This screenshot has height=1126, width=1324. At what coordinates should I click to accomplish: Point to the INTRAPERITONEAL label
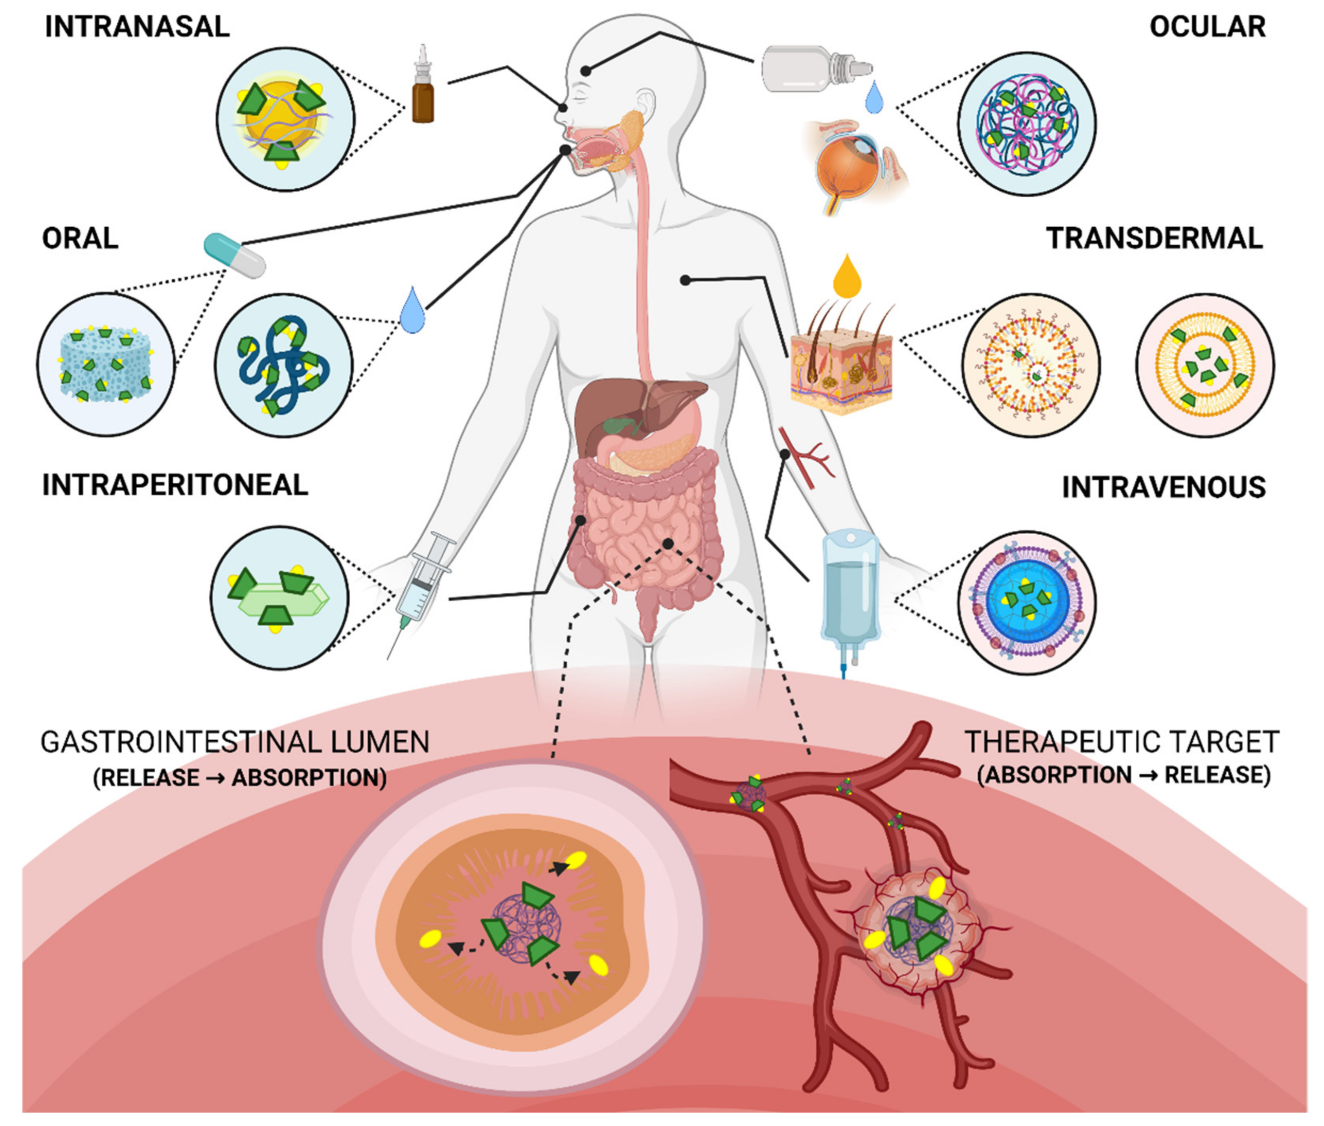[x=175, y=485]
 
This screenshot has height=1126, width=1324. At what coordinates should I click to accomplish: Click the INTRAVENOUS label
[x=1163, y=488]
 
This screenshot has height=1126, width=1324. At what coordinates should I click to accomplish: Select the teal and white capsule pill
[x=234, y=255]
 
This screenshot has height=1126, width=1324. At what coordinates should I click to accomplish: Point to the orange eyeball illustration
[x=849, y=169]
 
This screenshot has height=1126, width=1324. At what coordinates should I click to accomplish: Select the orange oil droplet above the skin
[x=847, y=278]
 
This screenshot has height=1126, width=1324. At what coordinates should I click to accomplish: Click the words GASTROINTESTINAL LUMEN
[x=235, y=742]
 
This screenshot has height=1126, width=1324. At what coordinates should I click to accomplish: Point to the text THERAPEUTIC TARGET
[x=1122, y=742]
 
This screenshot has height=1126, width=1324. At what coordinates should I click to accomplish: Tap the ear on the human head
[x=646, y=105]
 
